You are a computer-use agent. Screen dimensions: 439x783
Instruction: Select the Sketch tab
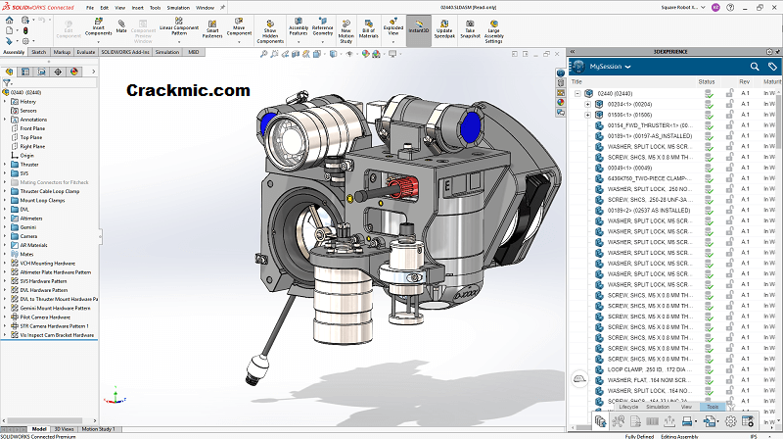coord(39,51)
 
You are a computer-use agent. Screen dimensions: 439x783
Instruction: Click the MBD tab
coord(193,51)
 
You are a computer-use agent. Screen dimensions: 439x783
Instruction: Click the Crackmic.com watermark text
coord(188,90)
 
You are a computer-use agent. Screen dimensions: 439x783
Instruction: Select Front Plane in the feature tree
coord(32,128)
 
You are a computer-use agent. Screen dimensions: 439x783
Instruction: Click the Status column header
coord(707,81)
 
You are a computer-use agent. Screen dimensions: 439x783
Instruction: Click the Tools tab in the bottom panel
coord(713,405)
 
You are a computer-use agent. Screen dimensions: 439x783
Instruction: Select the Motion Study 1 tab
coord(98,429)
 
